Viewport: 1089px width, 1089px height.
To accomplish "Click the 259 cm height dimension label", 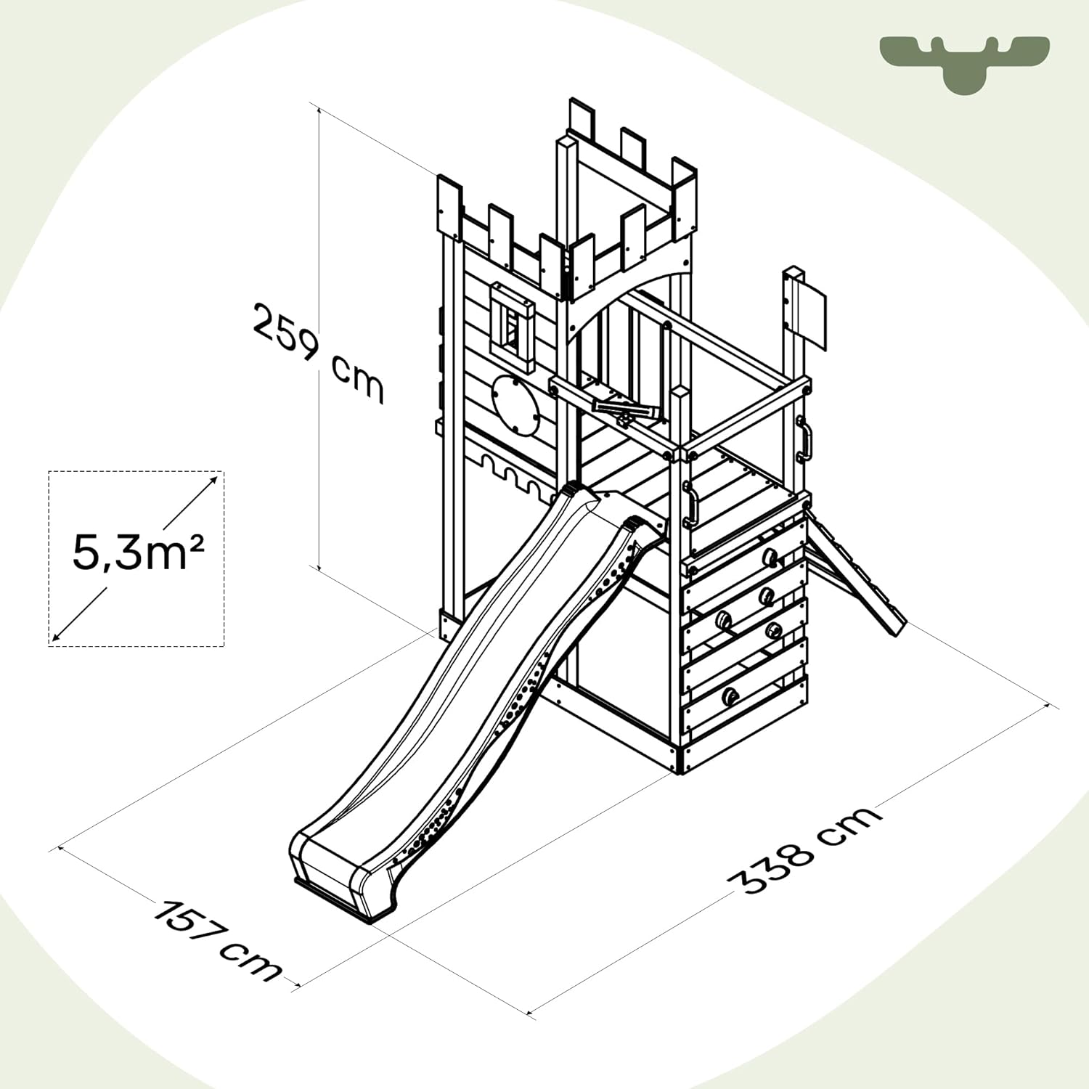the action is (318, 352).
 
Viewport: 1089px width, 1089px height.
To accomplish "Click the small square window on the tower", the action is (513, 327).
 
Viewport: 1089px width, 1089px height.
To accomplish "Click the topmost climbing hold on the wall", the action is (770, 557).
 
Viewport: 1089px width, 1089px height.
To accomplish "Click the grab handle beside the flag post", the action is (804, 439).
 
